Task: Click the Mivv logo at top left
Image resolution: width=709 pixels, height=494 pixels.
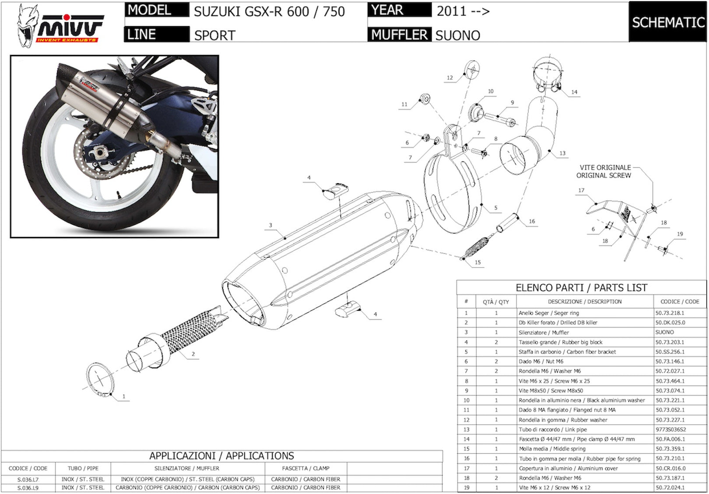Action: point(60,26)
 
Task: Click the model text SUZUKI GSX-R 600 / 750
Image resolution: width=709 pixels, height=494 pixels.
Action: point(269,12)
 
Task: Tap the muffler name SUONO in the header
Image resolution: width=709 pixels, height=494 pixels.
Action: point(458,35)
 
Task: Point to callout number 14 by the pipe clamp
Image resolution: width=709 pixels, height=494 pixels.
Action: point(575,92)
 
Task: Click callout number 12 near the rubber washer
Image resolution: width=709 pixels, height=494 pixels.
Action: point(450,77)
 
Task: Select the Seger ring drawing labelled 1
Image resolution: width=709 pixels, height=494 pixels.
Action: point(100,380)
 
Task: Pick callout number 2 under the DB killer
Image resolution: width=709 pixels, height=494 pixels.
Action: point(193,354)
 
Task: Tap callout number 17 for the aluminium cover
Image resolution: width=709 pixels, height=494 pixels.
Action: point(581,191)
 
